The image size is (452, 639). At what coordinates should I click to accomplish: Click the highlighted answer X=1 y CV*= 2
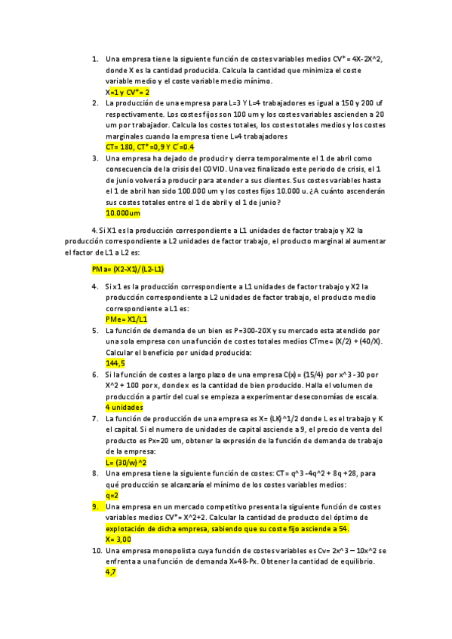click(128, 91)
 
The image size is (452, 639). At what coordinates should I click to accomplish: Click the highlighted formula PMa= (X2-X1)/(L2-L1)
click(128, 268)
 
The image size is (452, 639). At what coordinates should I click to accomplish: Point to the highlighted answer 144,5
click(115, 363)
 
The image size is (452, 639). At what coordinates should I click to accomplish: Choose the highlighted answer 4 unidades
click(125, 407)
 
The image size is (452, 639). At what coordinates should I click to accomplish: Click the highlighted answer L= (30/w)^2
click(126, 462)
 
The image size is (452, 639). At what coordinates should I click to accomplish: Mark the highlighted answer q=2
click(112, 495)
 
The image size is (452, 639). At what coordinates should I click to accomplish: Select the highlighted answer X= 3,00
click(118, 540)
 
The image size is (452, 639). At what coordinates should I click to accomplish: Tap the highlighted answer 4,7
click(111, 573)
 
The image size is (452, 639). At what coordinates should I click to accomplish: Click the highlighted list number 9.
click(95, 507)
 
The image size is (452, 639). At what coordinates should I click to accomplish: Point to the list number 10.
click(97, 551)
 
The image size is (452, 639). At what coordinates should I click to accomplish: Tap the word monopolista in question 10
click(171, 551)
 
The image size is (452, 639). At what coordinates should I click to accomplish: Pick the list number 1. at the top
click(95, 58)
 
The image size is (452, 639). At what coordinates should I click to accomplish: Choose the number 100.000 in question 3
click(210, 191)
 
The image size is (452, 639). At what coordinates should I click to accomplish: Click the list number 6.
click(95, 375)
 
